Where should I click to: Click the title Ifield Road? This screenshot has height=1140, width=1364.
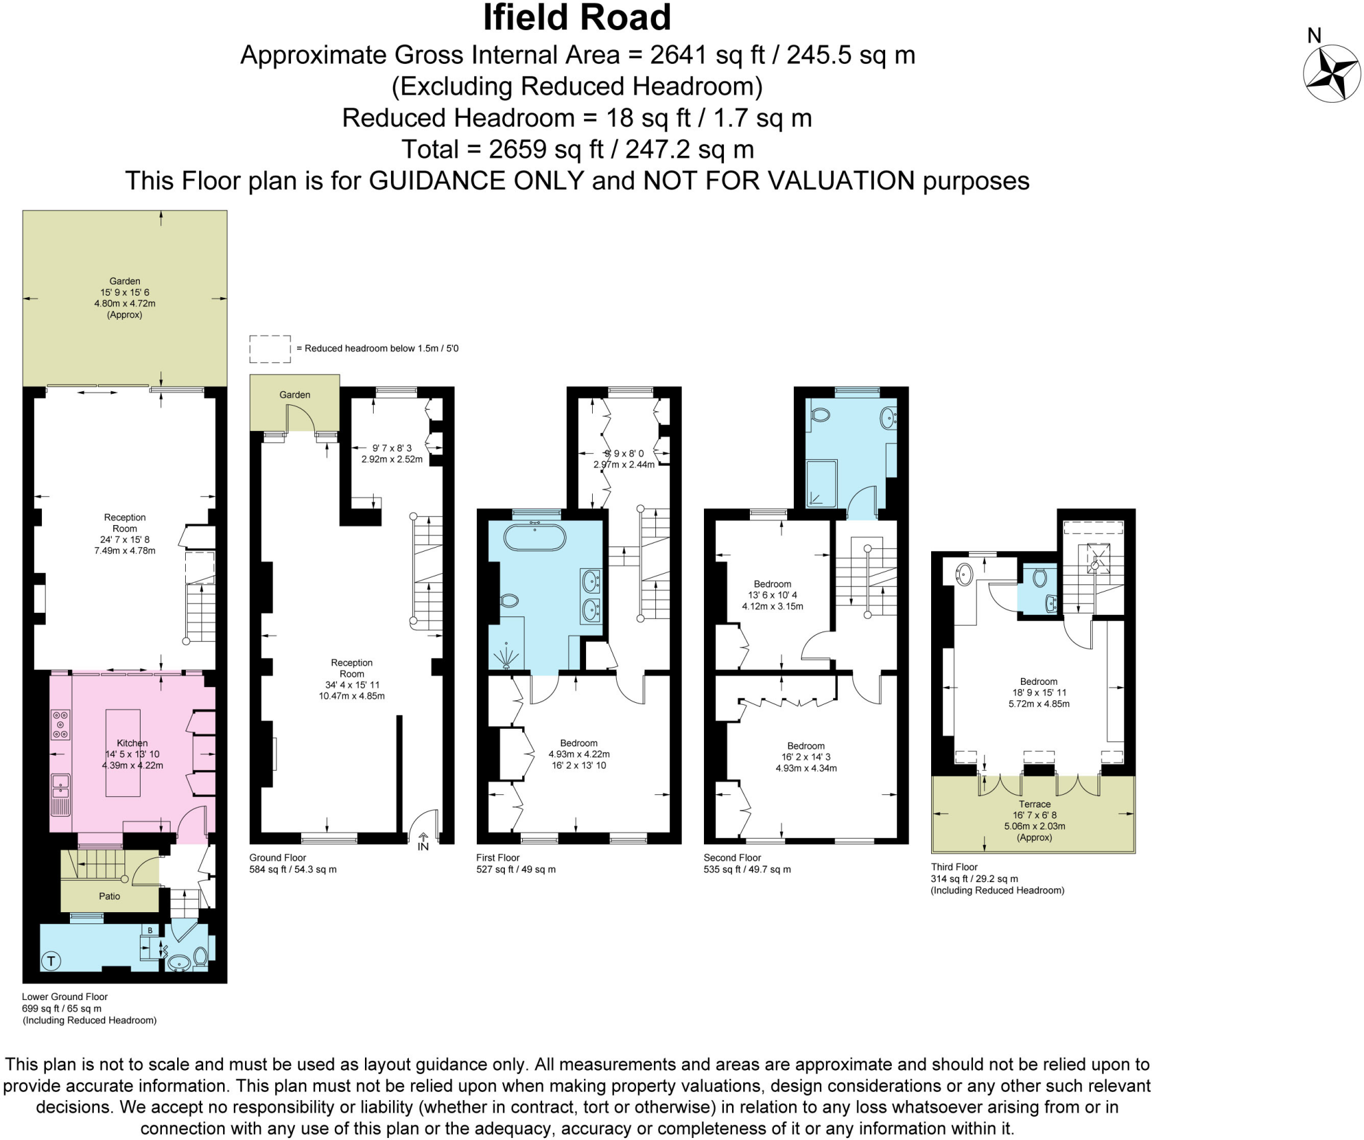[576, 18]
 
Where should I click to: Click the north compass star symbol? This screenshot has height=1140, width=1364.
[1331, 73]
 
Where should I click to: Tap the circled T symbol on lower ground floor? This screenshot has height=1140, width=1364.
[51, 961]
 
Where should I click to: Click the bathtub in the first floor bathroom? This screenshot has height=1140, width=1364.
[534, 537]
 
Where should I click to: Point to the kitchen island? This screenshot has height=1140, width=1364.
[123, 753]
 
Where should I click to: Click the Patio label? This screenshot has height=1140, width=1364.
[109, 896]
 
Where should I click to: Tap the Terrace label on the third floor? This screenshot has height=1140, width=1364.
[1034, 804]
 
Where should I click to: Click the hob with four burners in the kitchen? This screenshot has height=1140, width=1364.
[61, 725]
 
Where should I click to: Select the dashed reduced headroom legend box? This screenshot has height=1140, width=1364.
[270, 349]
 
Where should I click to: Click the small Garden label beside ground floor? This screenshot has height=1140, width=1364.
[294, 394]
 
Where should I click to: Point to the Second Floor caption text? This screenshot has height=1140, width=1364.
[732, 857]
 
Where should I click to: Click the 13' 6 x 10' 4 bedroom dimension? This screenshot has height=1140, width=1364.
[773, 595]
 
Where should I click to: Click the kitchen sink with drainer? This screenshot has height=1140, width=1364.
[61, 794]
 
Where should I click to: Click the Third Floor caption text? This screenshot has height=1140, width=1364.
[954, 867]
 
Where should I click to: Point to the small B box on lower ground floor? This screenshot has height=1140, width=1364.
[151, 930]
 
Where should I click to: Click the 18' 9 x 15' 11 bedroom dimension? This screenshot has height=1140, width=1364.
[1039, 692]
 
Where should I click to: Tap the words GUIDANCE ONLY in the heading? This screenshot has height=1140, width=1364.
[476, 181]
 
